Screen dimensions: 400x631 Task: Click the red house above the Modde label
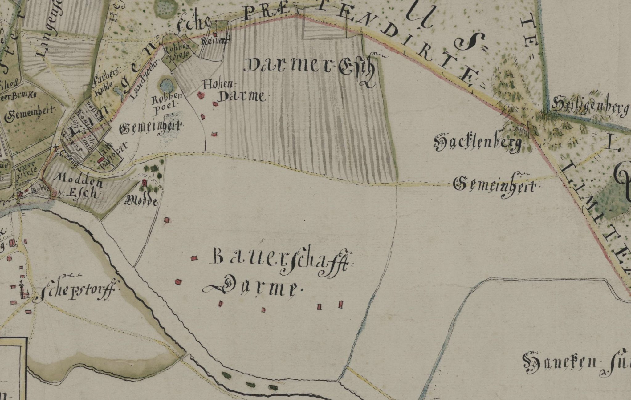pos(144,184)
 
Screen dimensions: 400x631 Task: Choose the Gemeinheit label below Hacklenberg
pos(496,186)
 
